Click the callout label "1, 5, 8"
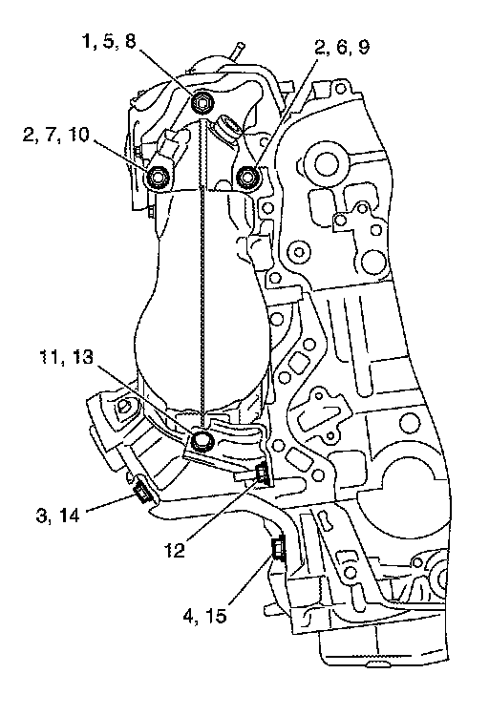(109, 42)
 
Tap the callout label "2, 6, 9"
(342, 47)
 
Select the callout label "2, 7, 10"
(56, 136)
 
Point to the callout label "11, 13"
(66, 357)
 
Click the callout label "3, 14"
(57, 516)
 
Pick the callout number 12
(175, 550)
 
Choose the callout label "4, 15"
(204, 617)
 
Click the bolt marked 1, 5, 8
(201, 102)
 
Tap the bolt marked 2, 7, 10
(158, 177)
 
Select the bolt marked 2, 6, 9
(247, 177)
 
